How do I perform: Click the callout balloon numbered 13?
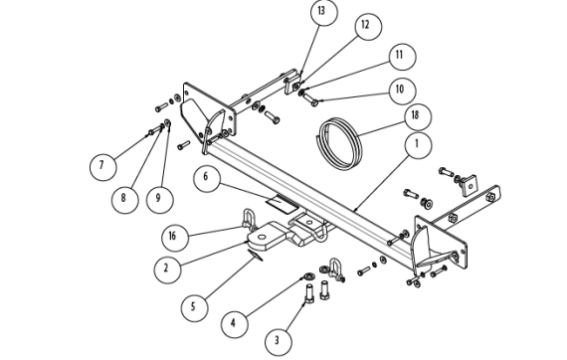click(x=324, y=12)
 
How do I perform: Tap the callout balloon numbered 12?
click(x=368, y=25)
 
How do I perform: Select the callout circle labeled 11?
click(x=403, y=57)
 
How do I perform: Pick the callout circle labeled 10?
click(x=403, y=90)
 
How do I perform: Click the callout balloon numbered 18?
click(x=418, y=116)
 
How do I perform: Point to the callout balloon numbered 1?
click(x=418, y=145)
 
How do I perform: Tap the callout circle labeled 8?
click(x=124, y=199)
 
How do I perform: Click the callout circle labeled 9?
click(x=160, y=199)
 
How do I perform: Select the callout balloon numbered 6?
click(x=207, y=179)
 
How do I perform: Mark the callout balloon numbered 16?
click(x=175, y=238)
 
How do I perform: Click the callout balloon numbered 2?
click(x=167, y=270)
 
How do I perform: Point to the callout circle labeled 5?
click(x=195, y=307)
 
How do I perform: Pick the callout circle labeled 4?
click(x=235, y=324)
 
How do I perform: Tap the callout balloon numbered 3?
click(x=279, y=342)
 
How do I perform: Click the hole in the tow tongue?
click(x=262, y=237)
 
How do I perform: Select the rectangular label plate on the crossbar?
click(x=283, y=204)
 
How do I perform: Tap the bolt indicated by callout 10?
click(x=311, y=99)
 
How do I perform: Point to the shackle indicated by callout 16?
click(x=249, y=219)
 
